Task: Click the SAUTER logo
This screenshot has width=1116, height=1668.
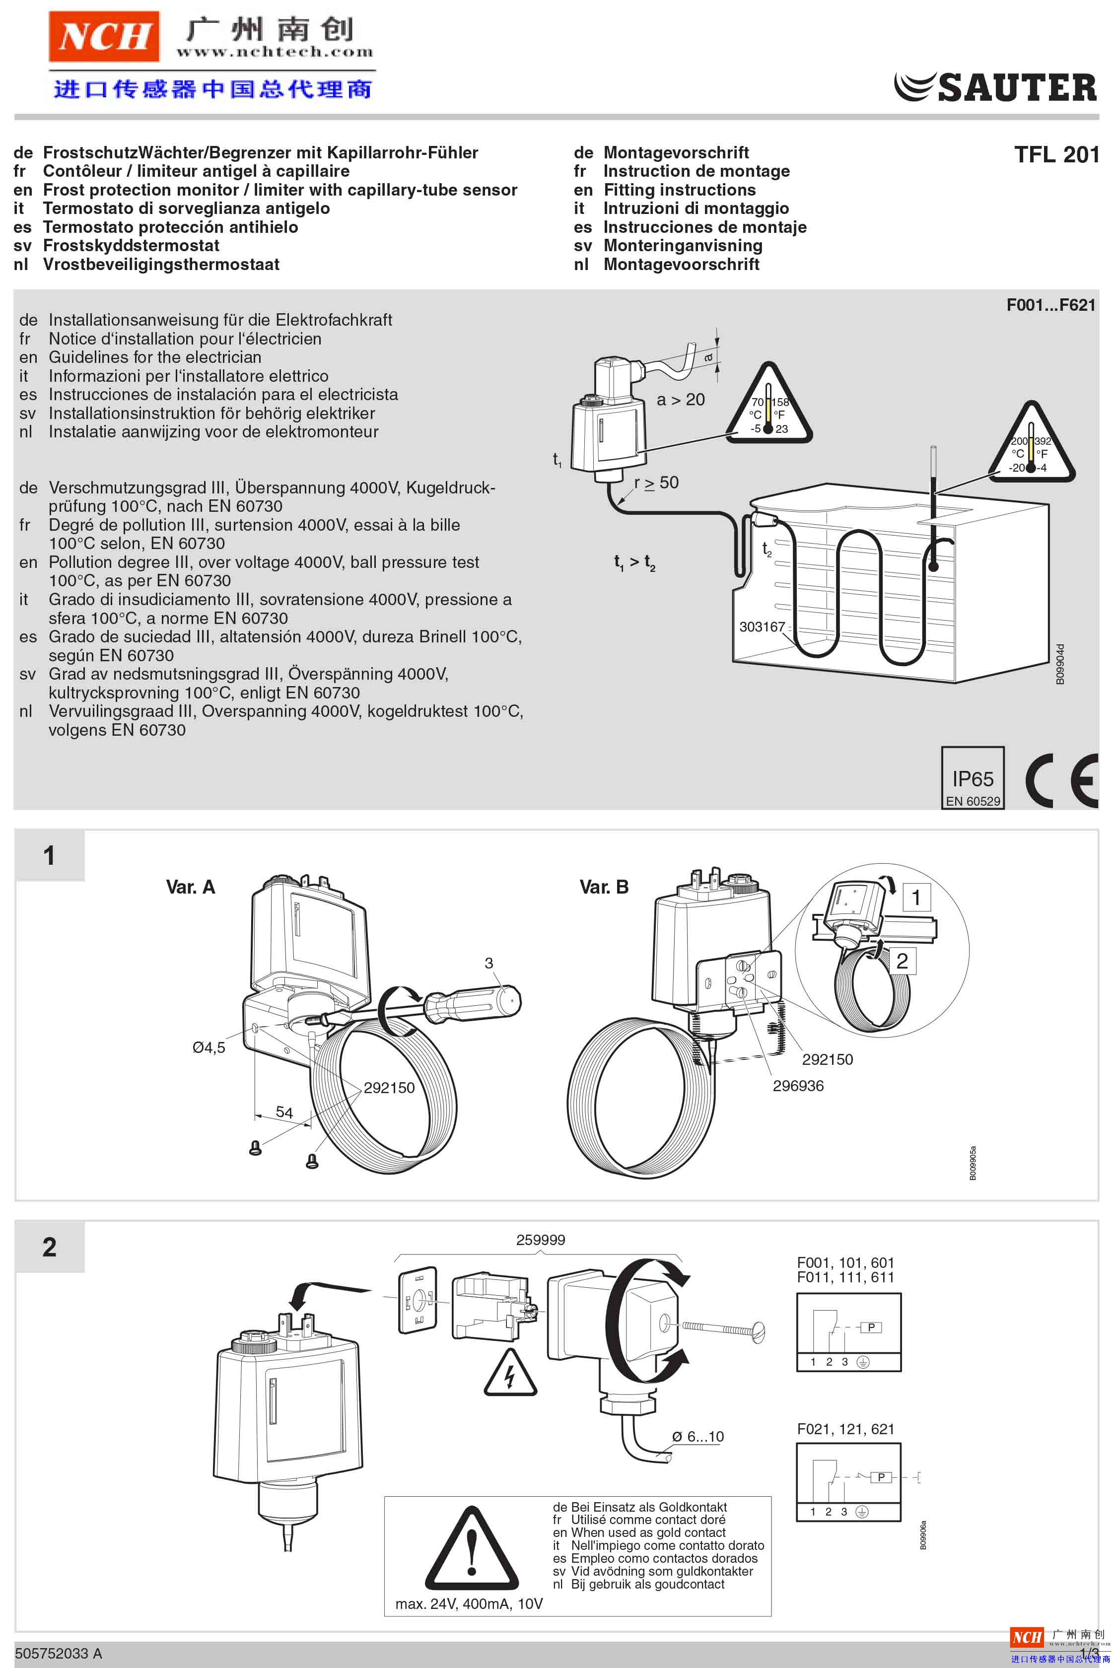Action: coord(995,87)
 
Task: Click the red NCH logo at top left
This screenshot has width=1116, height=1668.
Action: coord(104,36)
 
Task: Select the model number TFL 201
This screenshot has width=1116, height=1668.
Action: coord(1056,154)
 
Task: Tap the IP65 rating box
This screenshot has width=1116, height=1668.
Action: coord(972,778)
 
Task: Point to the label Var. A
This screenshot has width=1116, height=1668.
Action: coord(190,887)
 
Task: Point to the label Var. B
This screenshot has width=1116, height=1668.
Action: coord(604,887)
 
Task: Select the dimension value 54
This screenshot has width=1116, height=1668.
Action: coord(284,1112)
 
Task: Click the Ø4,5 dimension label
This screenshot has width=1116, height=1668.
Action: coord(209,1047)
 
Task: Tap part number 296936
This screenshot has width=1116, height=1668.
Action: coord(798,1086)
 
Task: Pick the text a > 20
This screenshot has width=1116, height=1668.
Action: coord(681,400)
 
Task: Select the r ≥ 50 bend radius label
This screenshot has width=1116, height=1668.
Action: coord(656,483)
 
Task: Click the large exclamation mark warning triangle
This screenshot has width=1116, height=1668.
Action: coord(471,1551)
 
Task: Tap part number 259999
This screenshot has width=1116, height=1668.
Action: coord(540,1240)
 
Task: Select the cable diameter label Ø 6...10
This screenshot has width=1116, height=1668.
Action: coord(697,1437)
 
